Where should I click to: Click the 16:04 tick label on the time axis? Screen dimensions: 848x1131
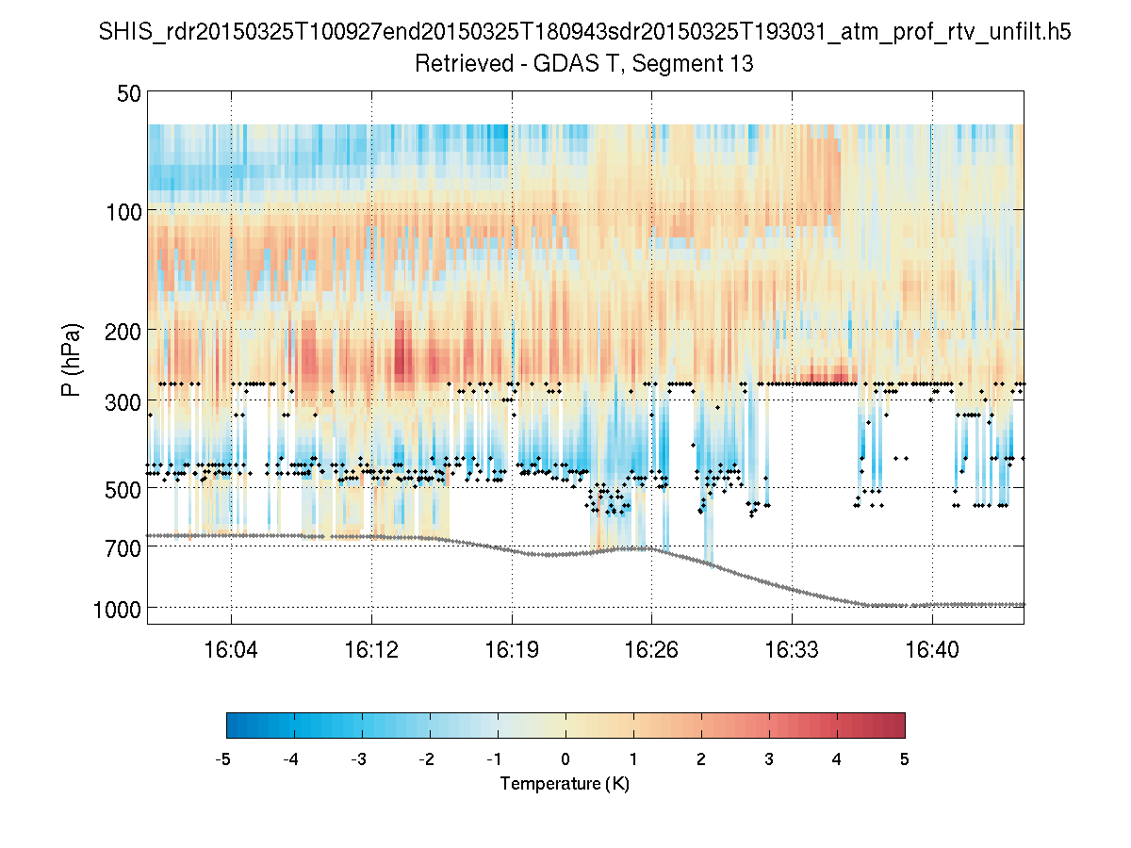[x=231, y=649]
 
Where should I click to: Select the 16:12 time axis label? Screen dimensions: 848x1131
[x=371, y=649]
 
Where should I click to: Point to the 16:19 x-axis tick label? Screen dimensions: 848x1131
[x=512, y=649]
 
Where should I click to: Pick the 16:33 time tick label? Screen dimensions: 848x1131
[x=792, y=649]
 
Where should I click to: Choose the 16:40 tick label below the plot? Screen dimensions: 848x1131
[x=932, y=649]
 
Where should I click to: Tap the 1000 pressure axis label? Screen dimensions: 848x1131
[x=118, y=610]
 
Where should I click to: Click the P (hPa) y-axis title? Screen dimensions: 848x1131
[x=72, y=360]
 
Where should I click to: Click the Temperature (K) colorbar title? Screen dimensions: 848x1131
[x=565, y=784]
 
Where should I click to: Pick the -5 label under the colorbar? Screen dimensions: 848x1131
[x=223, y=759]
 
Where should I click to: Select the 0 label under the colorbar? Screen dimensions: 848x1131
[x=565, y=759]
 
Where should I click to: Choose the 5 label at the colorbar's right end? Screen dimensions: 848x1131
[x=905, y=759]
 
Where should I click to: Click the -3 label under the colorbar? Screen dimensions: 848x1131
[x=359, y=759]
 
